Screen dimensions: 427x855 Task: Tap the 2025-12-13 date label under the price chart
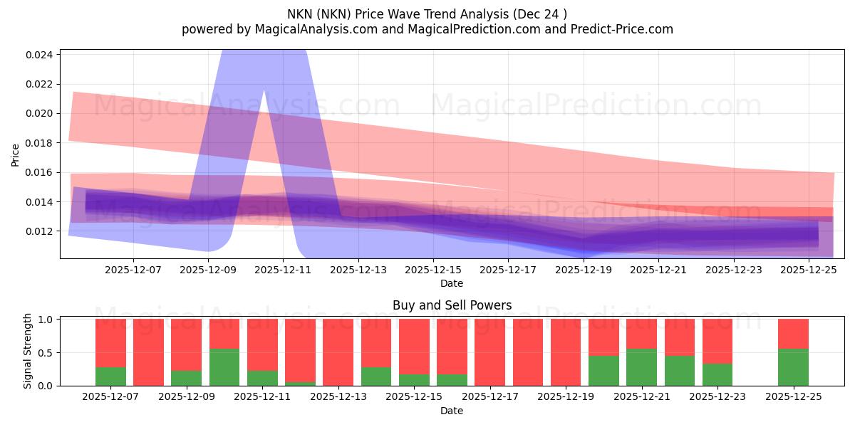pos(358,270)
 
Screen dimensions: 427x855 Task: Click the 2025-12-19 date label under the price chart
pos(584,270)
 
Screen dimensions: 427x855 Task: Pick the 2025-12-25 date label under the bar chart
pos(793,397)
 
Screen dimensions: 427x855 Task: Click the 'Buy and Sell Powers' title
pos(452,305)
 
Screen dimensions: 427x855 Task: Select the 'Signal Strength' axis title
pos(27,351)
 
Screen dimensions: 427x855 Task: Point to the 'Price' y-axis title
pos(16,154)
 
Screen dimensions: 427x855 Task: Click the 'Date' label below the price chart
pos(452,283)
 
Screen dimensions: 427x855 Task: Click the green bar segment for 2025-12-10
pos(224,367)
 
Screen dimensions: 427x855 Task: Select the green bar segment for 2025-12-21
pos(641,367)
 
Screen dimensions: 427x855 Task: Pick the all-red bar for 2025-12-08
pos(148,352)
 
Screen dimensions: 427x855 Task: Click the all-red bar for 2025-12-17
pos(489,352)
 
